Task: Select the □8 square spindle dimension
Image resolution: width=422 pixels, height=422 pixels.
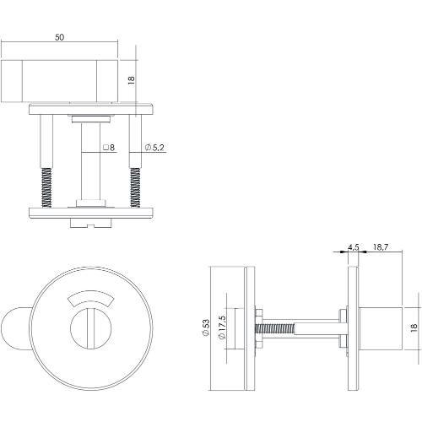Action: (108, 148)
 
